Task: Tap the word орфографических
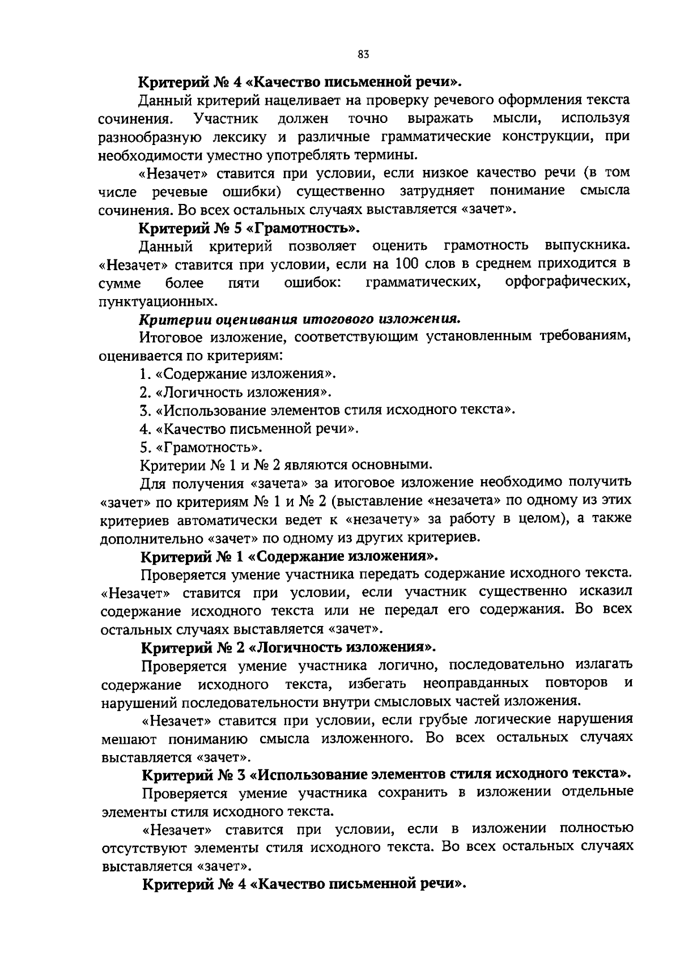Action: (567, 282)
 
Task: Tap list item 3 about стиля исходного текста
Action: (328, 410)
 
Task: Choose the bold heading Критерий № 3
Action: (385, 774)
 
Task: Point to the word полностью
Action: (596, 829)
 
